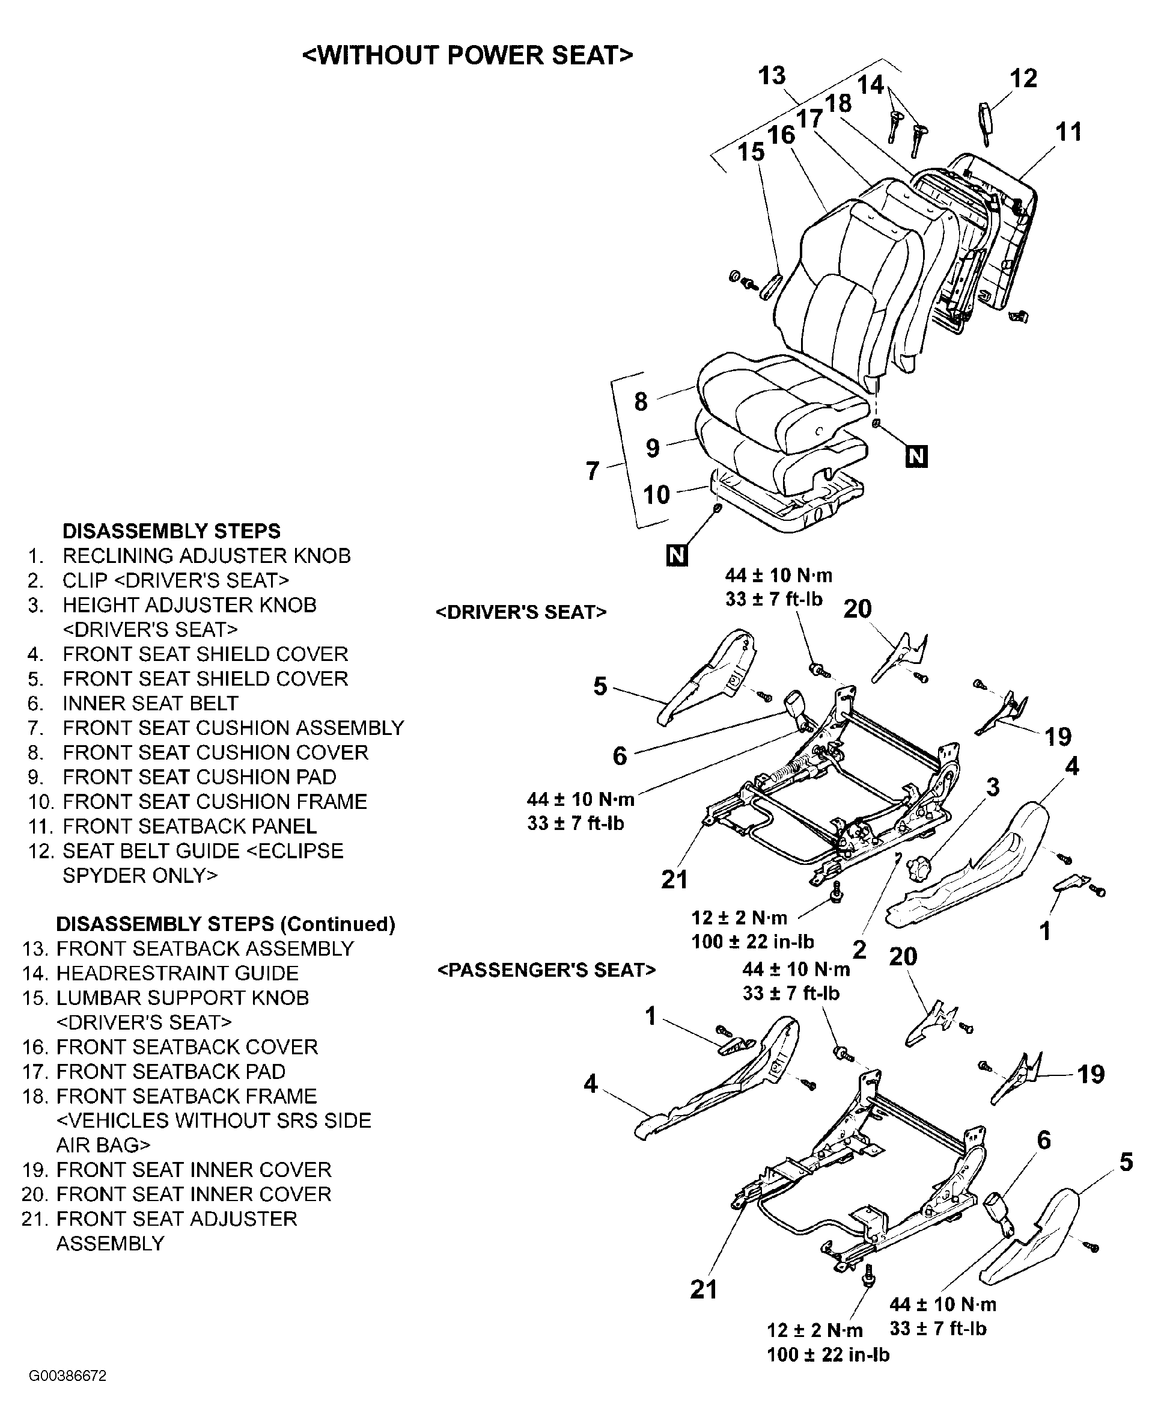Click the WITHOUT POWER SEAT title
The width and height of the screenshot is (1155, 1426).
[x=467, y=55]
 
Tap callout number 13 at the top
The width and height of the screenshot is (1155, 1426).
[x=772, y=76]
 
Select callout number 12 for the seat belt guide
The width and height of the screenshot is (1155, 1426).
[x=1023, y=79]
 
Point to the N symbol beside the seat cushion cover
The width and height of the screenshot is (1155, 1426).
[x=916, y=456]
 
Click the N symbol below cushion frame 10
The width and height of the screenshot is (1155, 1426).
[x=677, y=555]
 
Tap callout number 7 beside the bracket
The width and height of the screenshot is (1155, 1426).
[x=592, y=471]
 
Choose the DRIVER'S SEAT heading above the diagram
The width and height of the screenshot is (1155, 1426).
[x=521, y=612]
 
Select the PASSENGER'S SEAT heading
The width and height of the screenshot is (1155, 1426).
[x=546, y=970]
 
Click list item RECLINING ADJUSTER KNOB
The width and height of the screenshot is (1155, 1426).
[x=206, y=556]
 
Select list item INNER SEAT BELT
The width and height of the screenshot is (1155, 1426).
[x=150, y=703]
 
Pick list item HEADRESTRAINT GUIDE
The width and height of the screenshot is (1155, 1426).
[x=177, y=973]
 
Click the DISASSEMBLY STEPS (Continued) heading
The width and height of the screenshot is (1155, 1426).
[x=225, y=924]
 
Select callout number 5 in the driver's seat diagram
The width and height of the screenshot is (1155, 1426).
[x=600, y=686]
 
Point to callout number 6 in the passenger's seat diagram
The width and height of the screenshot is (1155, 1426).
[x=1044, y=1140]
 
